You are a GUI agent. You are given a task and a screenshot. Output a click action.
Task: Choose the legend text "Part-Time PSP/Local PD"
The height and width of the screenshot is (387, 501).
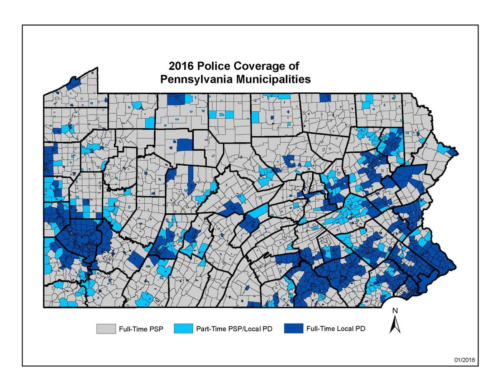click(234, 329)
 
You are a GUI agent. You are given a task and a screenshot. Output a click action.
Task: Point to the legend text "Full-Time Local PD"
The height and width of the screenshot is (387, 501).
click(336, 329)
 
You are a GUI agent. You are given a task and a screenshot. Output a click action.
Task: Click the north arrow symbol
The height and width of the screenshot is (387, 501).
click(395, 324)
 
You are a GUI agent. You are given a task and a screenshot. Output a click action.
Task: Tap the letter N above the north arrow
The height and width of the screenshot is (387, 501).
click(395, 310)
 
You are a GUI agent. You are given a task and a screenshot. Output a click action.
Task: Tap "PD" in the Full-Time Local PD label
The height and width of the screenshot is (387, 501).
click(360, 329)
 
